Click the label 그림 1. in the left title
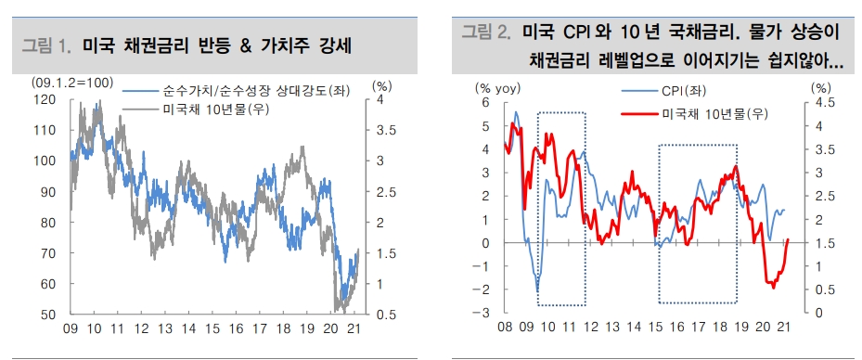click(45, 45)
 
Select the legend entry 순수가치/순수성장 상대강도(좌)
click(230, 93)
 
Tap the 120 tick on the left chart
click(44, 99)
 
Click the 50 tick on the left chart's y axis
click(47, 314)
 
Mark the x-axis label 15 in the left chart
click(212, 329)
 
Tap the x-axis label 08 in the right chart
click(506, 329)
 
